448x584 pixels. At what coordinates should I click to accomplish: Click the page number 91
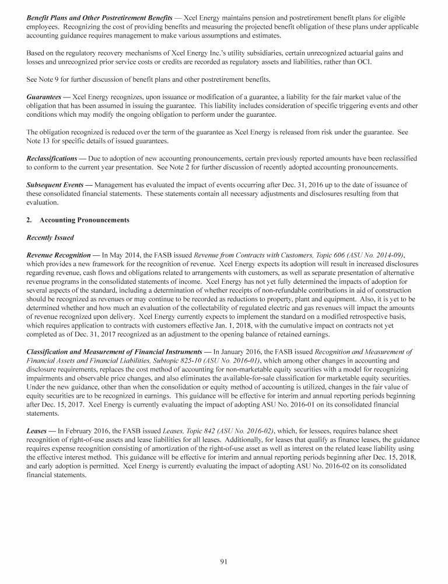(223, 561)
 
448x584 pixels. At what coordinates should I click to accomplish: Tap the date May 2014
(125, 255)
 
